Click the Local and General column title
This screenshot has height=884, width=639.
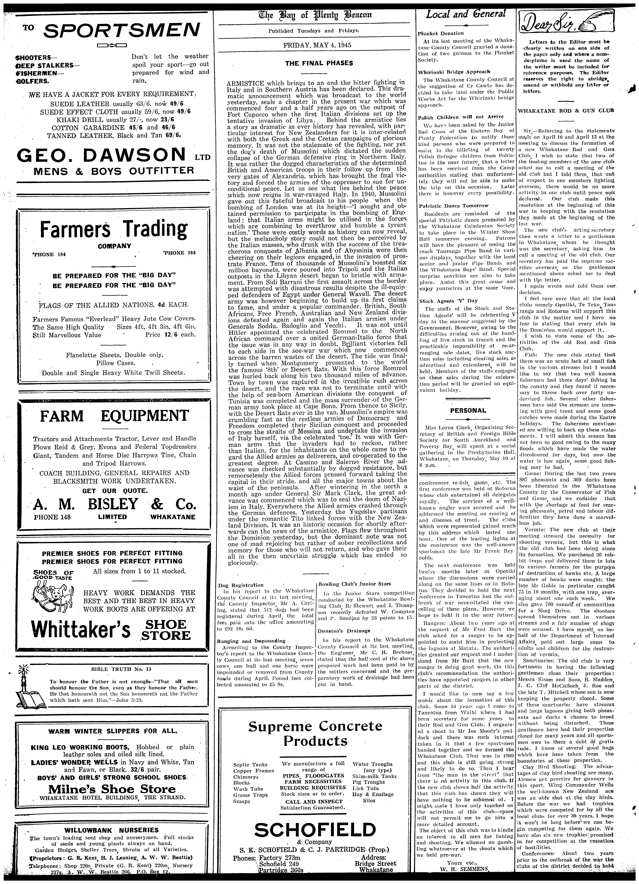(466, 15)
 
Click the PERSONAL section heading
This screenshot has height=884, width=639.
(468, 410)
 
